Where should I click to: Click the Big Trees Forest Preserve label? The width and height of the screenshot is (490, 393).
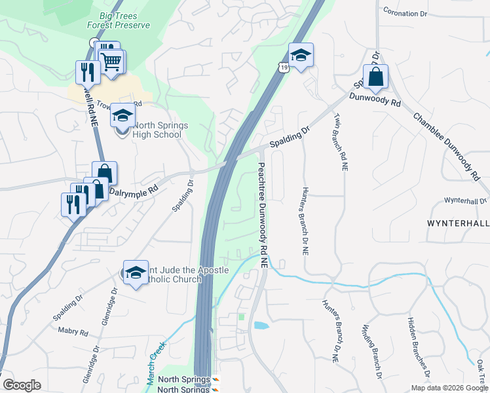click(119, 20)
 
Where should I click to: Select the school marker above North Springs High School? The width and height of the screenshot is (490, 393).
click(122, 117)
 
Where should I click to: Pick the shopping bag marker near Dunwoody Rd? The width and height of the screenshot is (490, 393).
click(376, 78)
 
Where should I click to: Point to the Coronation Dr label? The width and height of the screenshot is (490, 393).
click(409, 12)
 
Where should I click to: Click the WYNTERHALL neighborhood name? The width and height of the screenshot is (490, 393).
click(458, 223)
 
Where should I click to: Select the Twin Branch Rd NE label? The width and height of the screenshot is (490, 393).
click(339, 141)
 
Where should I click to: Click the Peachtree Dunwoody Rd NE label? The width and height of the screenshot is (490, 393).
click(263, 215)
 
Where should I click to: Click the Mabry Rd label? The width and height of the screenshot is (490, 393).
click(73, 332)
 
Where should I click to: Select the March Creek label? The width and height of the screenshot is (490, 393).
click(157, 366)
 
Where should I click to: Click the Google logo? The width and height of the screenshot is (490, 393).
click(22, 385)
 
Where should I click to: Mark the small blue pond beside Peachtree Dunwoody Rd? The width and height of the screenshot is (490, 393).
click(260, 325)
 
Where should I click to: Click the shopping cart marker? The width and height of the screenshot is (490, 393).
click(112, 62)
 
